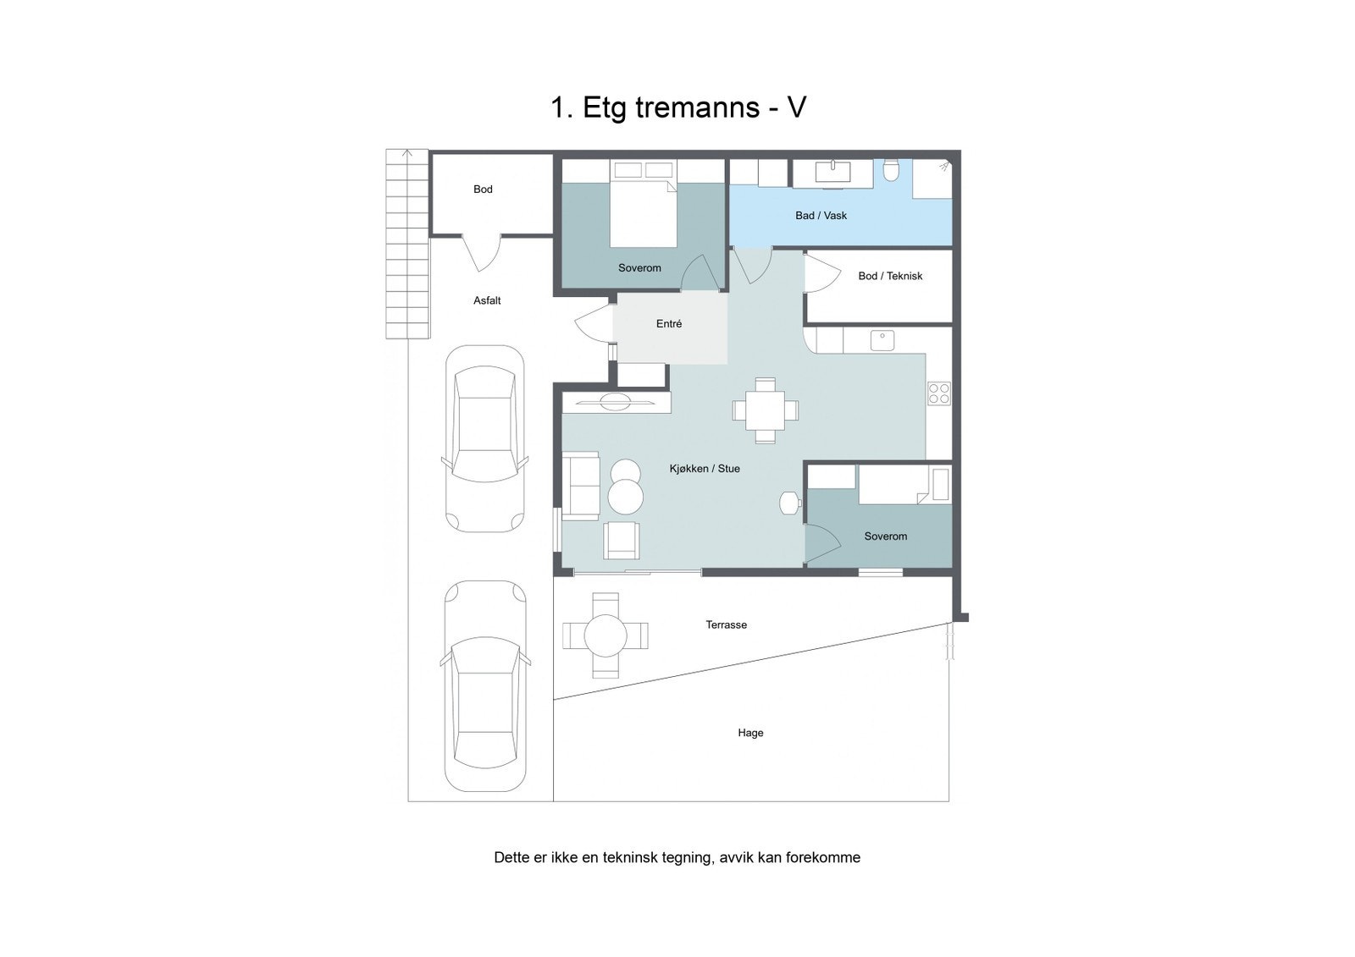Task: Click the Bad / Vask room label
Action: coord(821,216)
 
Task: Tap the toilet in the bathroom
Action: coord(890,172)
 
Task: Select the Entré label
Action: coord(668,324)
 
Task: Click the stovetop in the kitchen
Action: coord(938,393)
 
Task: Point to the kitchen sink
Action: coord(882,340)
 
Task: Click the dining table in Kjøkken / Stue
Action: coord(765,410)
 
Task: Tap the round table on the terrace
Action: coord(606,635)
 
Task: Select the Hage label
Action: coord(750,734)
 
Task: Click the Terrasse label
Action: coord(726,625)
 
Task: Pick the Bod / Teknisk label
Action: coord(889,276)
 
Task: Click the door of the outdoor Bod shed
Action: coord(481,251)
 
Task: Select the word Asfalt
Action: coord(487,300)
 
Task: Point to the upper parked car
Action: coord(484,437)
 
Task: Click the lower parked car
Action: coord(484,685)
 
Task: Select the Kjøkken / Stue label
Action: coord(705,469)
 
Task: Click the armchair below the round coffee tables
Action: coord(622,540)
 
